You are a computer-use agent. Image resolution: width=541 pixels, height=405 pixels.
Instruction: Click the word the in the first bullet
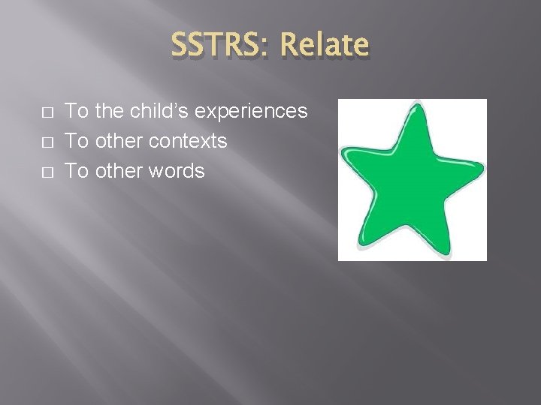110,111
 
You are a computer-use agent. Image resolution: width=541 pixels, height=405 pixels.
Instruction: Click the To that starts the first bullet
77,111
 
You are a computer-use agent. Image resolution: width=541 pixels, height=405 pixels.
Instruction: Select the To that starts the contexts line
77,141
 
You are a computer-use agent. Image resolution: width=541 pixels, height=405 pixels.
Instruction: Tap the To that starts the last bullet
77,171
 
